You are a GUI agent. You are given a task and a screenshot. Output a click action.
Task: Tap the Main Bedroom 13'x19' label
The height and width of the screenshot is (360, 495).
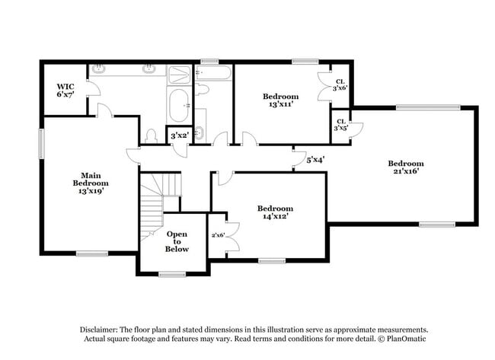coord(91,183)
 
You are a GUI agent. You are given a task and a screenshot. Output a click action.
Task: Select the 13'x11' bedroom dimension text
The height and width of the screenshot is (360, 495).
coord(281,104)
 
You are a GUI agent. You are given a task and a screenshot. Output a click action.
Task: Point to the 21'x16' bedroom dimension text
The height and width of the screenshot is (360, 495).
coord(405,171)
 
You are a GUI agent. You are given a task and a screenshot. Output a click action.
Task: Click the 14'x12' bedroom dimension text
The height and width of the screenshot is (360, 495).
coord(275,217)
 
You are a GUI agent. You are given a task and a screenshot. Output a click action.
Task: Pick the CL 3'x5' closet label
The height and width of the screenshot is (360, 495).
coord(340,125)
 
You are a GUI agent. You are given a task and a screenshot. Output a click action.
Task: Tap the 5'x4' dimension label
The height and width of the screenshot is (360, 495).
coord(315,160)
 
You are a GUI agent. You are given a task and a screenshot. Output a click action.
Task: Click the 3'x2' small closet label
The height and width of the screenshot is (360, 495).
coord(179,135)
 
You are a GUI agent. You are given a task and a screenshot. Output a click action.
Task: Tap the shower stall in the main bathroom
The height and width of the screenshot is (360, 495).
coord(179,75)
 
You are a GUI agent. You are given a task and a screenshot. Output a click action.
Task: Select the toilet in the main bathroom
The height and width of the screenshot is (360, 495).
coord(152,135)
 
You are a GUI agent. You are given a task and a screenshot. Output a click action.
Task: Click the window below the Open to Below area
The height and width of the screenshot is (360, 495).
coord(173,274)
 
